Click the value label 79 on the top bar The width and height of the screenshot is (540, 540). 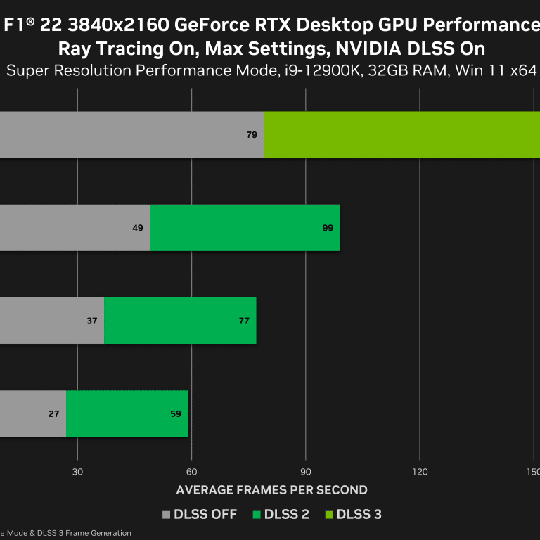(x=252, y=134)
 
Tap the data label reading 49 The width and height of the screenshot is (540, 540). (x=137, y=228)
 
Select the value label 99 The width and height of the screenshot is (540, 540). (x=328, y=228)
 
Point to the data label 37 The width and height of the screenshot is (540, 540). (x=92, y=321)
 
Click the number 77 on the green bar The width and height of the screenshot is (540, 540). (x=244, y=321)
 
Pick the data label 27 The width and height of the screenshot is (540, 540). (x=54, y=413)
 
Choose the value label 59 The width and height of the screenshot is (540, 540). (x=176, y=413)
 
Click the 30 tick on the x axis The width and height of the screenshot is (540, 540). (x=78, y=471)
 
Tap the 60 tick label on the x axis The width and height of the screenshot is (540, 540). (x=191, y=471)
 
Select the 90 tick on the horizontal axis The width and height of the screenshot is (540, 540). (x=305, y=471)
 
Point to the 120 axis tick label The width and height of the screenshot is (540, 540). (x=419, y=471)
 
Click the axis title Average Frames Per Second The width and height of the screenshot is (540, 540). (x=271, y=490)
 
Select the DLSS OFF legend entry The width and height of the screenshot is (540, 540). (x=200, y=515)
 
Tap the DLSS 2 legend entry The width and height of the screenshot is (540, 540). (x=281, y=515)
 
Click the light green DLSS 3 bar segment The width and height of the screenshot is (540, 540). (x=401, y=134)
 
